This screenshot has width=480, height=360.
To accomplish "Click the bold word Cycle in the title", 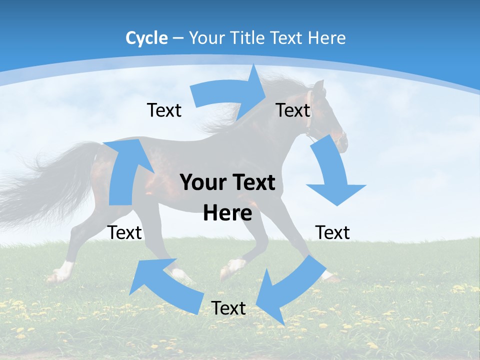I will (146, 38).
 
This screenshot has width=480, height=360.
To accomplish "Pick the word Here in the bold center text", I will (227, 213).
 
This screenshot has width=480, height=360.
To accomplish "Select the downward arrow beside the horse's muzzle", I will (332, 172).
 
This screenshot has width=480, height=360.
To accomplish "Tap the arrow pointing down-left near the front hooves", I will (287, 287).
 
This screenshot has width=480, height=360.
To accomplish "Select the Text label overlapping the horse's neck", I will (293, 110).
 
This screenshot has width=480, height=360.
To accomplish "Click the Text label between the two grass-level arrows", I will (228, 308).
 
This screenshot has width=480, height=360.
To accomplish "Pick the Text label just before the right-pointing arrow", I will (164, 110).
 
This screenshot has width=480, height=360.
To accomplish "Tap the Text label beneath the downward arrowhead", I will (332, 232).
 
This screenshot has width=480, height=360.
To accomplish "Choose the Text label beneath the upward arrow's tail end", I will (125, 232).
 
